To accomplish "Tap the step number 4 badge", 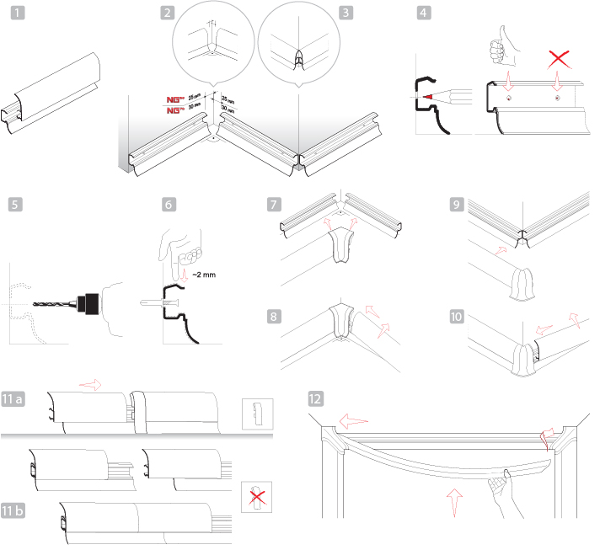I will point(424,13).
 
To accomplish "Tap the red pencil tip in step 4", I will point(431,98).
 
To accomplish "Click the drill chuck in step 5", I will point(88,302).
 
